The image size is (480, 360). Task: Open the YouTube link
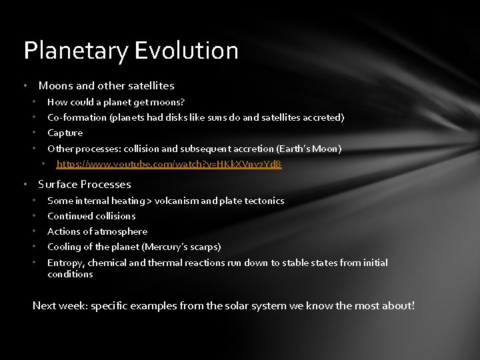coord(169,164)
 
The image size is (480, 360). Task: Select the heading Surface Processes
coord(85,185)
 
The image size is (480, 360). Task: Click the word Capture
coord(65,133)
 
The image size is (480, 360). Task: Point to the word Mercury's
coord(165,247)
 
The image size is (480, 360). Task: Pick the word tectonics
coord(264,201)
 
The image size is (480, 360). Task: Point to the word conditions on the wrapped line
coord(70,274)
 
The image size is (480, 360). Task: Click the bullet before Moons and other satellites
coord(25,85)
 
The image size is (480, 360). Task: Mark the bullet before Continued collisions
coord(34,216)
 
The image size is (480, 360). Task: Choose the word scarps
coord(204,247)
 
